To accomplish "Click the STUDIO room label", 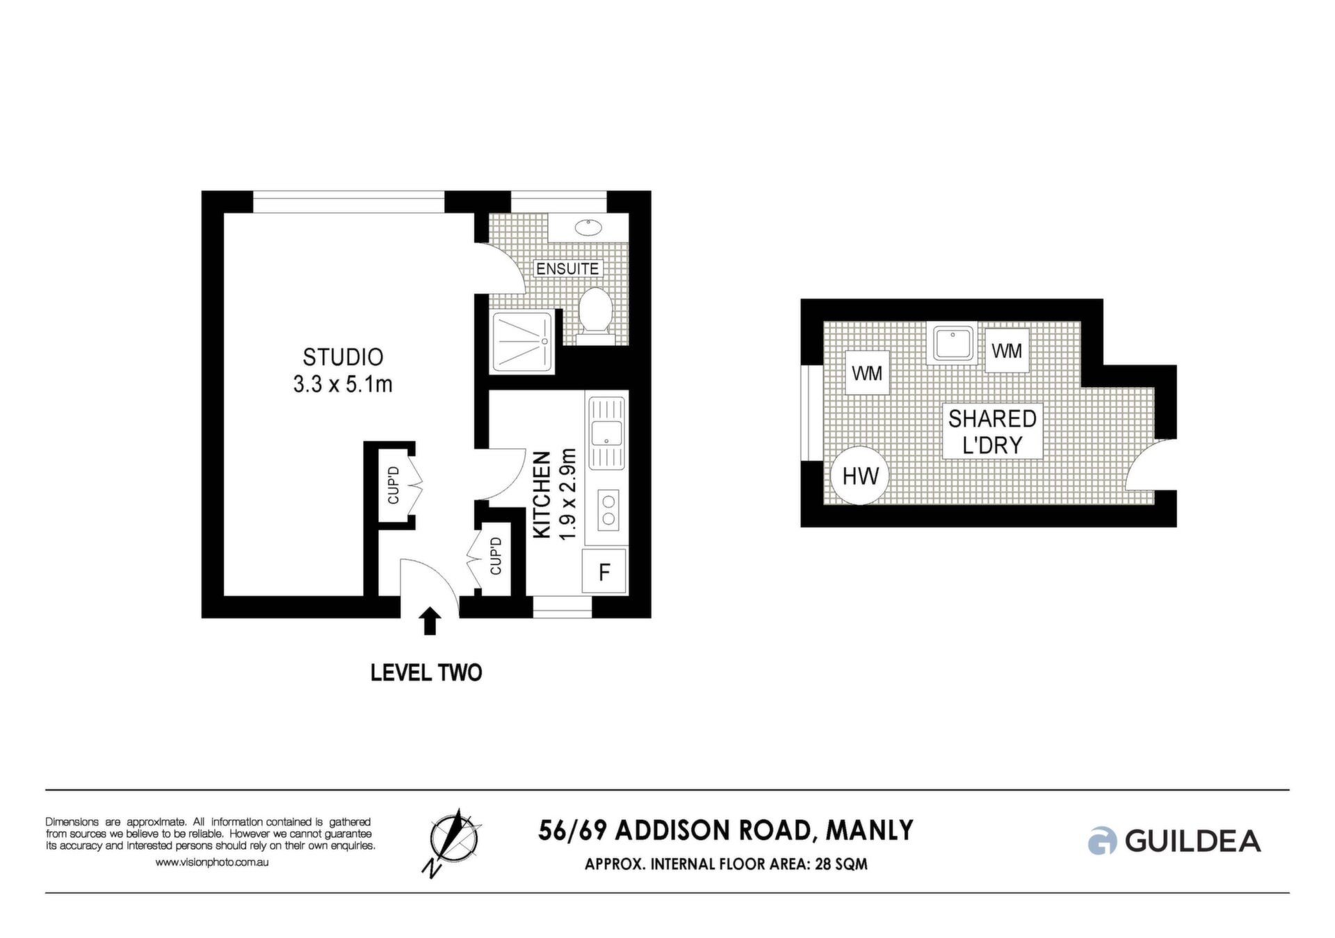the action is [x=343, y=357].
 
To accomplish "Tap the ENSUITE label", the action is [x=567, y=269].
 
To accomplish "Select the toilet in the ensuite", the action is [x=594, y=316].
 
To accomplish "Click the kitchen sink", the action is [x=606, y=434].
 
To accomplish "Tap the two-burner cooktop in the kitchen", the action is [x=608, y=509].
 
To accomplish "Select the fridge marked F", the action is [x=604, y=571].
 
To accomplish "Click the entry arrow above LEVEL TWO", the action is [x=430, y=621].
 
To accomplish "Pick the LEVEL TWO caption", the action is [x=426, y=673].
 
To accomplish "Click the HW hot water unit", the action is [x=860, y=476].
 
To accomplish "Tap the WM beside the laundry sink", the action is [x=1007, y=351].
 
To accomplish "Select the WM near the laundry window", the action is [x=867, y=374].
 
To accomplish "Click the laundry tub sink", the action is [x=952, y=343].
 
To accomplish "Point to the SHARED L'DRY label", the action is [x=992, y=431].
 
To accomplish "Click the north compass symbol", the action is [x=453, y=842].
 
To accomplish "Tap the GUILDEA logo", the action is [x=1174, y=841].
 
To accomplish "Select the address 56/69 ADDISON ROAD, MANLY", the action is [x=726, y=830].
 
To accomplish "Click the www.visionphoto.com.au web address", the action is [x=211, y=862].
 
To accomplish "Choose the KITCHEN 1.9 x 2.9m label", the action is [x=555, y=494].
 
